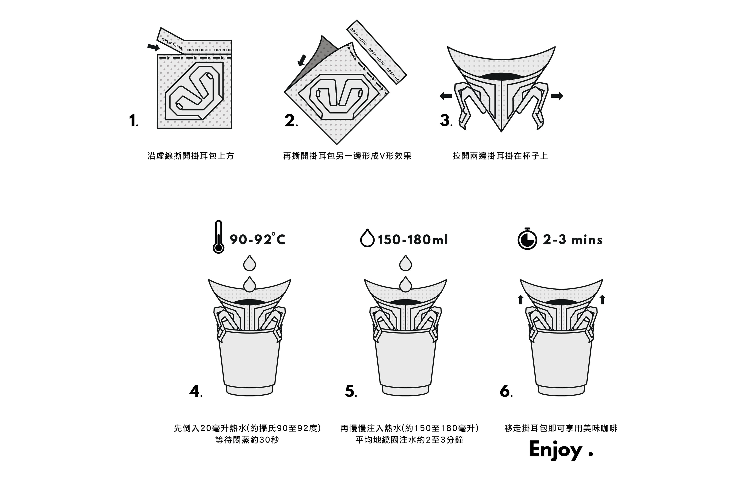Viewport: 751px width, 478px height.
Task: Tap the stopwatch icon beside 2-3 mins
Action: click(527, 239)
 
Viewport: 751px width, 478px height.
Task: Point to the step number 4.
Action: click(195, 391)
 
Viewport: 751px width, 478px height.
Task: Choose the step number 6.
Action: click(506, 391)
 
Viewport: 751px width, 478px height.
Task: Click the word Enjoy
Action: click(556, 450)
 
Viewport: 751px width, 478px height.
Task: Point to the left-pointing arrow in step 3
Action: click(446, 96)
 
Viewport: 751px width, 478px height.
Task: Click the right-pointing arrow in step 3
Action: click(557, 96)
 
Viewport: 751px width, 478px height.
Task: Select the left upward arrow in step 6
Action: click(520, 299)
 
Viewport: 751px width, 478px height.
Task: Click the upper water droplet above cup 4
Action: click(249, 263)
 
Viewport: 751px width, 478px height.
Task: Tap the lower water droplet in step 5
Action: click(406, 284)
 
